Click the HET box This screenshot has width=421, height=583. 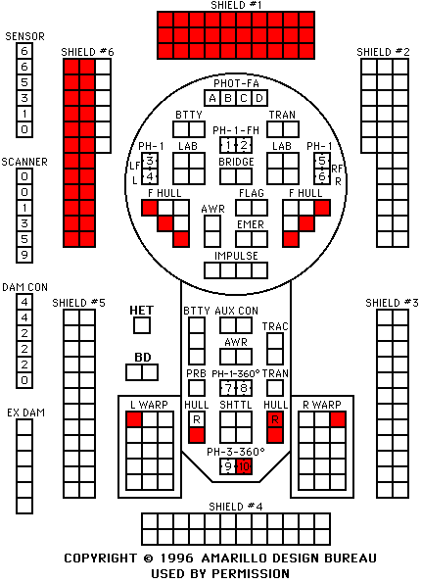point(142,325)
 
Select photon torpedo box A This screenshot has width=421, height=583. point(212,98)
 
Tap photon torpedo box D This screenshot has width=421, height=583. point(259,98)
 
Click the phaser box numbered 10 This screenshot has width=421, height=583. point(244,466)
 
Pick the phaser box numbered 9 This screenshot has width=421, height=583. point(228,466)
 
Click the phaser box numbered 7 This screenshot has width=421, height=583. point(228,388)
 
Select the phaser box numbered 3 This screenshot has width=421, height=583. point(150,161)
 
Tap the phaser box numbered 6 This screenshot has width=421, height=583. point(322,176)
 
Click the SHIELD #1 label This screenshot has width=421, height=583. point(236,5)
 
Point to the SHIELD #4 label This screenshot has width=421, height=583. point(236,507)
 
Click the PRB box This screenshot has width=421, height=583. point(197,388)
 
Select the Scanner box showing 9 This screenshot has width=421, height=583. point(24,255)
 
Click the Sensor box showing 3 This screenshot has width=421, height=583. point(24,98)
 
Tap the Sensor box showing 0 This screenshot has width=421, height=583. point(24,129)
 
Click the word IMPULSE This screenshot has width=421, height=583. point(236,256)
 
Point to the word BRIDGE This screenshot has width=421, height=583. point(236,162)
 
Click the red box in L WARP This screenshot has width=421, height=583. point(134,419)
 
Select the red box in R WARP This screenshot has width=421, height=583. point(338,419)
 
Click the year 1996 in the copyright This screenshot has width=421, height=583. point(176,559)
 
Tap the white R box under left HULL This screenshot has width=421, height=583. point(197,419)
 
